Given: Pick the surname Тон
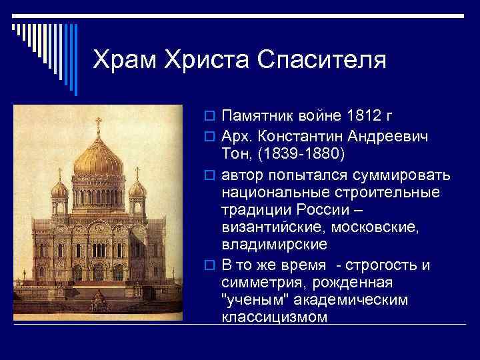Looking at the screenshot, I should coord(235,154).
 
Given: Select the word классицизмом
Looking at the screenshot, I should coord(274,317).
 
